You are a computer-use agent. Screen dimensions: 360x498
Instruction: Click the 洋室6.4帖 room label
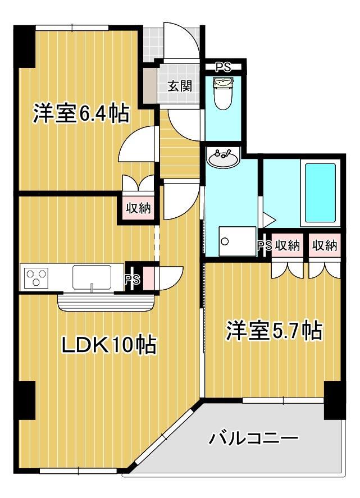point(81,113)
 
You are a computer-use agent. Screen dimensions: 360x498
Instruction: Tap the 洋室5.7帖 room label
point(274,330)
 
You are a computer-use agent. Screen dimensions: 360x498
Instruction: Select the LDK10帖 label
point(108,345)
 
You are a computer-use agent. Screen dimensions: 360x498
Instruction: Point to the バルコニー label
point(253,438)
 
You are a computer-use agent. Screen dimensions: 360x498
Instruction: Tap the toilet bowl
point(223,94)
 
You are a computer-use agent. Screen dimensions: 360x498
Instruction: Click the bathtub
point(320,193)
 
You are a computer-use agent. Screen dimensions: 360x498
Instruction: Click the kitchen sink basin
point(92,277)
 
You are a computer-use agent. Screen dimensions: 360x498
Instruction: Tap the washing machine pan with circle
point(238,241)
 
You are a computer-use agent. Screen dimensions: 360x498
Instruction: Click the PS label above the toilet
point(224,67)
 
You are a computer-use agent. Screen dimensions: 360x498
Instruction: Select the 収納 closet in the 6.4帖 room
point(138,208)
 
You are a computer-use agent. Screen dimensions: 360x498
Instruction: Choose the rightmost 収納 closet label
point(325,245)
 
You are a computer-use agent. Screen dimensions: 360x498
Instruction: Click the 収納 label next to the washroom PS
point(287,245)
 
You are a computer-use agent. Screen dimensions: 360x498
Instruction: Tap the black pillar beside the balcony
point(335,400)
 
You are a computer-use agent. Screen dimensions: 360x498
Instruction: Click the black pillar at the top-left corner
point(25,47)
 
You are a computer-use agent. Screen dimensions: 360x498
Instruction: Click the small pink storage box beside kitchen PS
point(148,278)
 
